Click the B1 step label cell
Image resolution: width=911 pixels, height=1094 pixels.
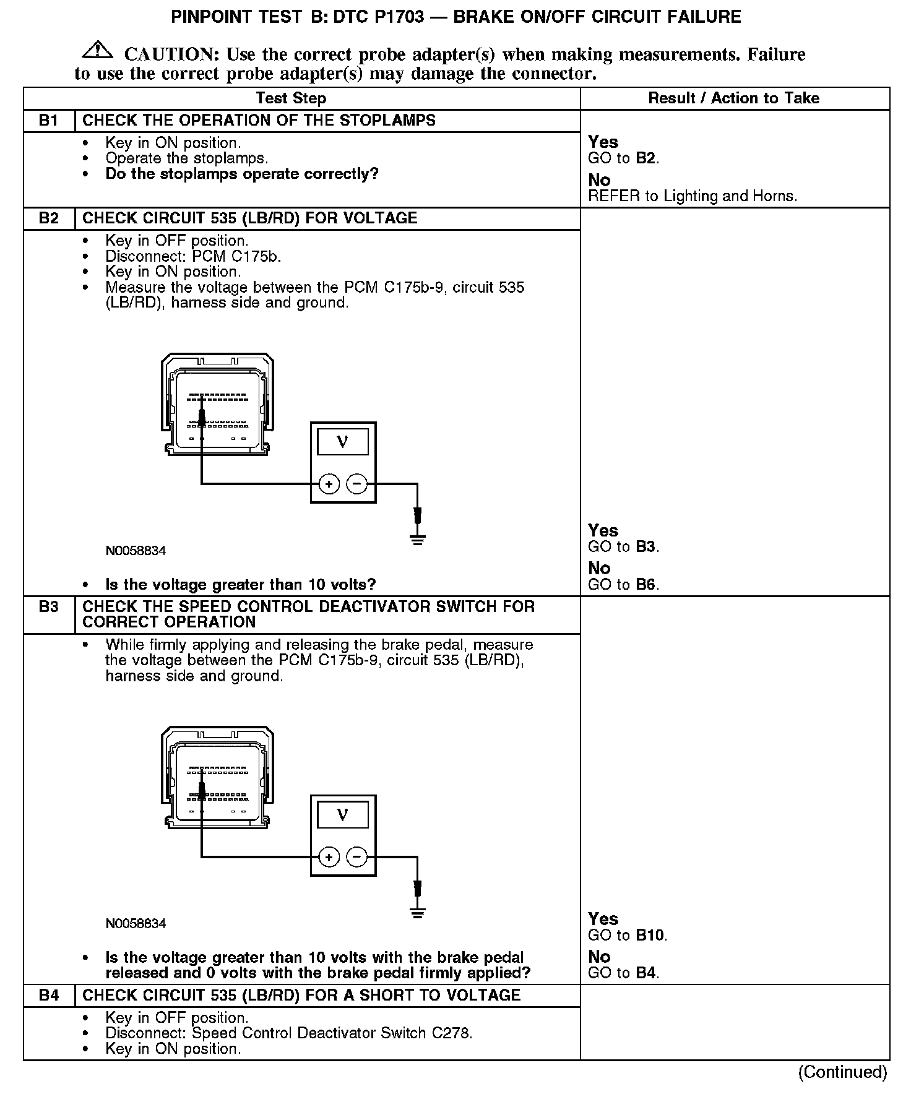click(x=48, y=120)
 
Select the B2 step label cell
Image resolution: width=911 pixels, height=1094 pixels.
click(x=48, y=218)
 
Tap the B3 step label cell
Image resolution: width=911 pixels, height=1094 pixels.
click(x=48, y=606)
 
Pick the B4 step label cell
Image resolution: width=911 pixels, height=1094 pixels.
click(x=48, y=995)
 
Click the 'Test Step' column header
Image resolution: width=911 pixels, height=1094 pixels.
click(x=291, y=98)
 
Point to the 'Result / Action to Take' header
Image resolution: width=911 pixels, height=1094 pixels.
click(x=733, y=98)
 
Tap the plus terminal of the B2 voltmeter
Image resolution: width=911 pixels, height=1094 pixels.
click(x=329, y=484)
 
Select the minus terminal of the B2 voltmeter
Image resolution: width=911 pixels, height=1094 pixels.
click(x=356, y=484)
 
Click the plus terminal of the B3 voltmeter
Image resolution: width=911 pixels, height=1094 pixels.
click(x=329, y=857)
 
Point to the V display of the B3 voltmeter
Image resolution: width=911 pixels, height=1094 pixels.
click(x=342, y=815)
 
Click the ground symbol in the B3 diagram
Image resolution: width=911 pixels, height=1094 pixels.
click(x=418, y=912)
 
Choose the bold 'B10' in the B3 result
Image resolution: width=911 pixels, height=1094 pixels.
click(x=650, y=935)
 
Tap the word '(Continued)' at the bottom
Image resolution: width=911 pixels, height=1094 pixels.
click(x=843, y=1072)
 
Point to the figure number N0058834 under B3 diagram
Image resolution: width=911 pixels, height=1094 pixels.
click(x=136, y=924)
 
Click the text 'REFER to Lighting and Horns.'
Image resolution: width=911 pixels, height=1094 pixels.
click(x=693, y=196)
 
